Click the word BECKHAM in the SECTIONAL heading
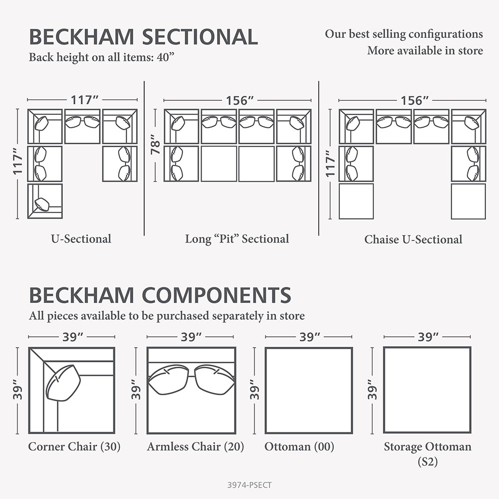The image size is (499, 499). [x=81, y=37]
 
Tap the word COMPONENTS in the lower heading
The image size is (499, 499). [x=217, y=295]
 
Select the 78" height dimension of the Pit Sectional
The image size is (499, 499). [x=155, y=144]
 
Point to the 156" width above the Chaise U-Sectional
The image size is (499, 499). [x=414, y=101]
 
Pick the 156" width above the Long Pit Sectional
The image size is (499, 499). [x=240, y=101]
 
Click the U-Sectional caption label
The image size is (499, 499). [x=81, y=239]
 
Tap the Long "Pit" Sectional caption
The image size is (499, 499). [x=237, y=239]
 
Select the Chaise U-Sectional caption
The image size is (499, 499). [x=413, y=240]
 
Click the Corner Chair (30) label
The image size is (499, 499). [x=74, y=447]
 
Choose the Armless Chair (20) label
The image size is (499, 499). [x=195, y=447]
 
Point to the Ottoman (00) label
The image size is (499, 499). [x=299, y=447]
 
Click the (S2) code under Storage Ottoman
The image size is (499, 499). [x=428, y=462]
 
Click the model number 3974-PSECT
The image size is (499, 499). [x=249, y=485]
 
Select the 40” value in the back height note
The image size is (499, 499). [x=166, y=57]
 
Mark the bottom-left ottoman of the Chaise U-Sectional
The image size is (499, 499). [x=356, y=201]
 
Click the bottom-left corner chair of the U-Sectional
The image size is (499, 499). [x=45, y=201]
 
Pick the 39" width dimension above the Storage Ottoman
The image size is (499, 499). [x=428, y=337]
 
